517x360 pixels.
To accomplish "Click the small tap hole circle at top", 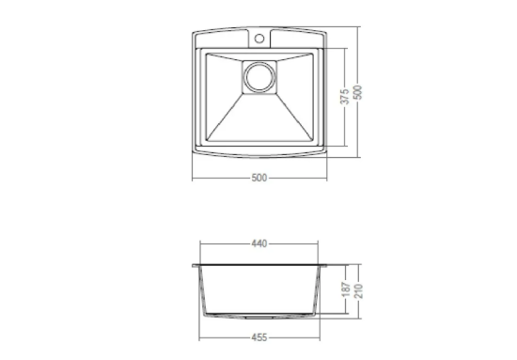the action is click(x=259, y=39).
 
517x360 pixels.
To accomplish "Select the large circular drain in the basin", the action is click(x=259, y=77).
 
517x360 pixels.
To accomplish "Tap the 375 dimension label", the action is click(x=345, y=96).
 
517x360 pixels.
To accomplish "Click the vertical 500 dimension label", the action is click(x=357, y=92).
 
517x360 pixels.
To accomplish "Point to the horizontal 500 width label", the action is click(x=259, y=178).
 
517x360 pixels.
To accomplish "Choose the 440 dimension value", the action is click(x=259, y=243).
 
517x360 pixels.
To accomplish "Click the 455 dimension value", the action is click(x=259, y=337).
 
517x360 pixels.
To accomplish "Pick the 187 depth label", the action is click(x=346, y=290).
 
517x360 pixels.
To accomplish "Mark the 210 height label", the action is click(x=358, y=290).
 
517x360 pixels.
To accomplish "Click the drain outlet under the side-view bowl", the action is click(x=259, y=317).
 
